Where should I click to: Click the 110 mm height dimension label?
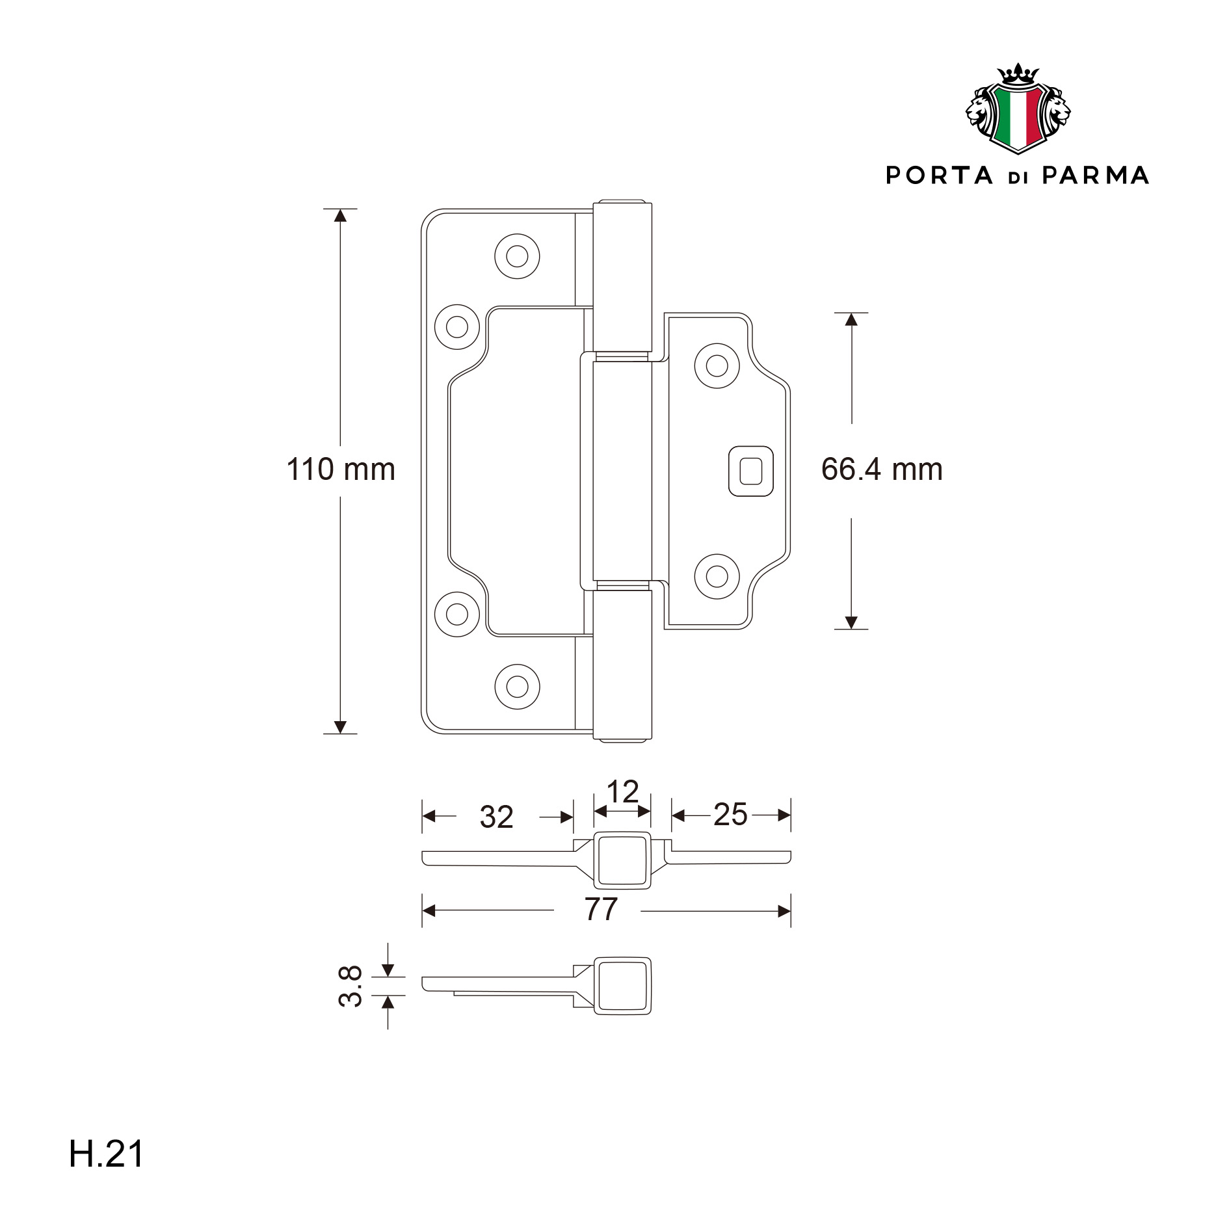(341, 469)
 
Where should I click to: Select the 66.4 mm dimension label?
(882, 469)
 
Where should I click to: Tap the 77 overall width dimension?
(601, 909)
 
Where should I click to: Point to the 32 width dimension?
(497, 817)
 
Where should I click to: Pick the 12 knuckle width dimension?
(622, 791)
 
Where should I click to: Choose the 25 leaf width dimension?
(730, 814)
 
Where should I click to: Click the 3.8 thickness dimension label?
(350, 986)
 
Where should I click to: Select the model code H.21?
(107, 1154)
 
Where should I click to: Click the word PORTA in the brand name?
(940, 176)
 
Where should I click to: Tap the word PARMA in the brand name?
(1096, 176)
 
